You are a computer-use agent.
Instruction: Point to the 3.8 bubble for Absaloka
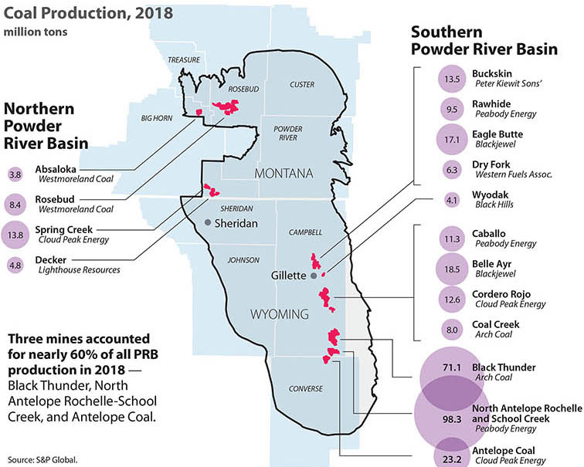15,175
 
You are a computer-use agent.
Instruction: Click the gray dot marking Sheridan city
208,222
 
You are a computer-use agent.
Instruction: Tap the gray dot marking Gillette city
314,276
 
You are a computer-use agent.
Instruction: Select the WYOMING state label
280,313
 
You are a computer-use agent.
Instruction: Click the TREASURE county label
184,59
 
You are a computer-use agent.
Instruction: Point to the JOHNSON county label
243,260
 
